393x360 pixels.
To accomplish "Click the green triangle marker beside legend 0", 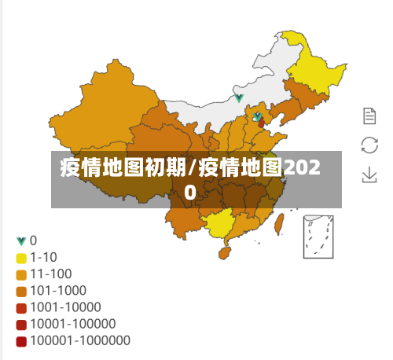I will click(x=21, y=241).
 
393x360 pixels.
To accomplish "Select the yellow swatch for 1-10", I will click(x=21, y=257).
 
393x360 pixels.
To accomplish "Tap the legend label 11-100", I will click(x=51, y=274).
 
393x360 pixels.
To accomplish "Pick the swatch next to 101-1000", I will click(x=21, y=291).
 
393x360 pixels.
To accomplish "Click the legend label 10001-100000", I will click(x=72, y=324).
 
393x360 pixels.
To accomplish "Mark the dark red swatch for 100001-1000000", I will click(x=21, y=341).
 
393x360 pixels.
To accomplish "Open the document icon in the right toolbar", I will click(x=369, y=116).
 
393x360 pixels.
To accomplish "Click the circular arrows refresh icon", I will click(x=369, y=145).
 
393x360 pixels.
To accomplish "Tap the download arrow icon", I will click(x=369, y=174).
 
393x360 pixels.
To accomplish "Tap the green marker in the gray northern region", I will click(x=239, y=98).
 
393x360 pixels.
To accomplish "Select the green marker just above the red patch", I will click(x=256, y=117).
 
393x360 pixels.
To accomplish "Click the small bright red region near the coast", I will click(x=261, y=124).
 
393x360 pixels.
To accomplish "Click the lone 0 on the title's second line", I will click(x=191, y=191).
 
